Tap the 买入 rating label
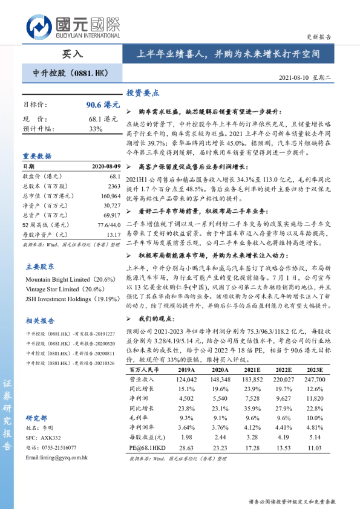(x=71, y=54)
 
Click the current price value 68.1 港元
(x=103, y=119)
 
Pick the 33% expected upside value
(x=96, y=129)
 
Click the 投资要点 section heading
(x=143, y=94)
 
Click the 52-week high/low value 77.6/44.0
(x=106, y=225)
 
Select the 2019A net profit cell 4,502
(x=186, y=398)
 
